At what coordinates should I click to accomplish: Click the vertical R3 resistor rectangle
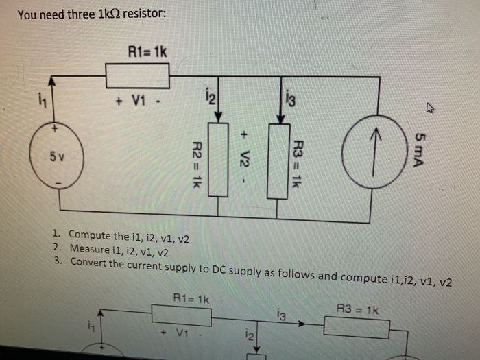pos(278,160)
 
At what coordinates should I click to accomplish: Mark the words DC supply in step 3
pos(234,269)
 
